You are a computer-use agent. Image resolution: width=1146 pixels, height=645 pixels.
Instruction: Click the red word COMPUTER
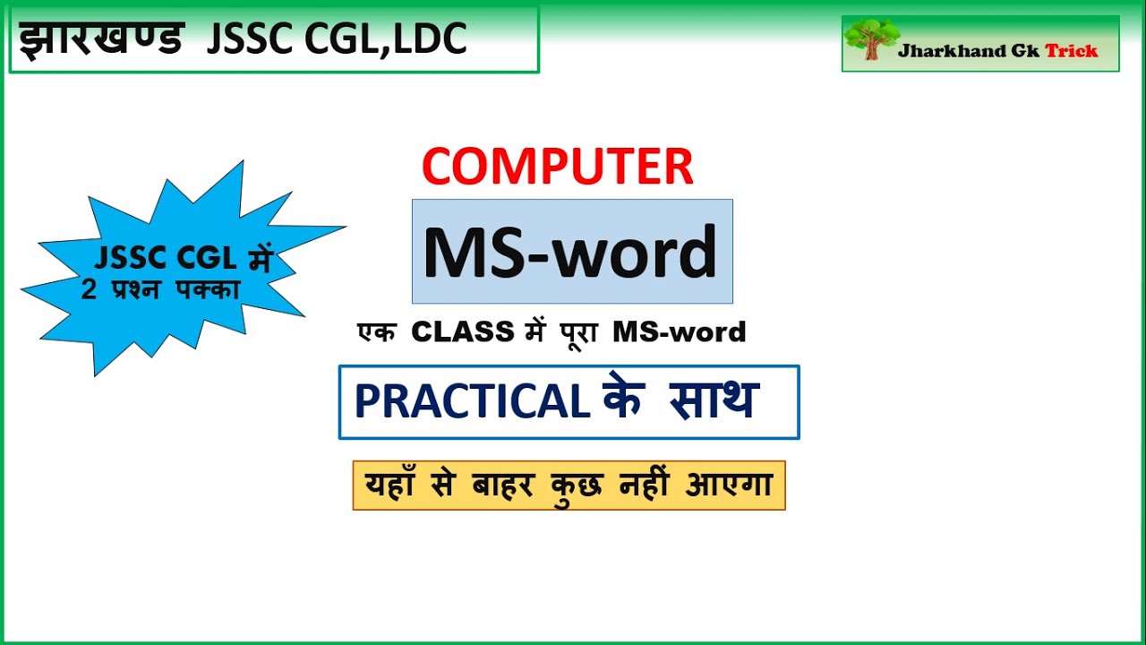[x=557, y=167]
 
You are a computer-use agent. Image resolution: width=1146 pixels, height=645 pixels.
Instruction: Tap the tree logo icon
[x=869, y=40]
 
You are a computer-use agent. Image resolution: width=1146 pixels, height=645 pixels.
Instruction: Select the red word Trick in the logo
[x=1071, y=51]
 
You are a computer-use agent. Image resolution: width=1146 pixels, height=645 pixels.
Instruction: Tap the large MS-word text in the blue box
[x=570, y=252]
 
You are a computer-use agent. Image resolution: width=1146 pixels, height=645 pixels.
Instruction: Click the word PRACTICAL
[x=472, y=402]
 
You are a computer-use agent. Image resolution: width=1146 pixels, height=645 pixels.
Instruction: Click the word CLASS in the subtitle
[x=462, y=332]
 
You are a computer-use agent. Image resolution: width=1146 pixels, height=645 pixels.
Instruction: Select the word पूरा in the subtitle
[x=575, y=331]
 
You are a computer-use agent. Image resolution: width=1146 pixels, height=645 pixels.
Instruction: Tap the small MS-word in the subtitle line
[x=680, y=332]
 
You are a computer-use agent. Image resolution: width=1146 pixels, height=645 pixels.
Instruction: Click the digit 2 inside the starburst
[x=88, y=289]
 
